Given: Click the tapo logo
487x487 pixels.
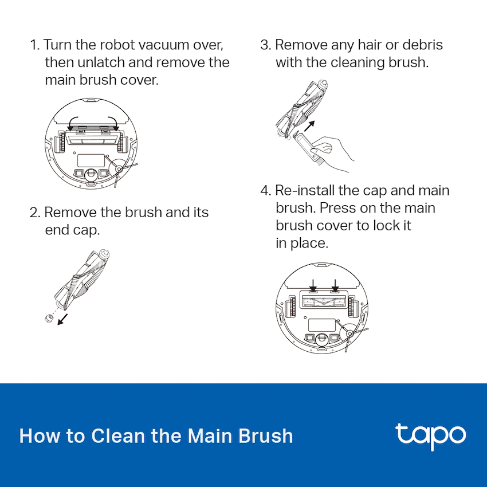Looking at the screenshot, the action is click(x=430, y=437).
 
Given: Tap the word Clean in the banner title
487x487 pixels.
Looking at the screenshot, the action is click(x=117, y=436).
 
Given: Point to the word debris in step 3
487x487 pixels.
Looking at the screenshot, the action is click(x=422, y=45).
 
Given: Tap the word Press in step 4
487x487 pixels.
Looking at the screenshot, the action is click(x=338, y=208).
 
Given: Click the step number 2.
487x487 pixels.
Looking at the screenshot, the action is click(x=35, y=213).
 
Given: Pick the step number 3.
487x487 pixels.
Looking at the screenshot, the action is click(x=265, y=45).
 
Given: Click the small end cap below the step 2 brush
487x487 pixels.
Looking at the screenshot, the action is click(x=49, y=319).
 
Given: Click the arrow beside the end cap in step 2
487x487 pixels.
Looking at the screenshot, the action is click(x=62, y=320).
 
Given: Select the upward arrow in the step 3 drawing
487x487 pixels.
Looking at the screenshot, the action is click(x=309, y=126).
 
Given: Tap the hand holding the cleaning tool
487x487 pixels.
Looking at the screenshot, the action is click(x=332, y=153).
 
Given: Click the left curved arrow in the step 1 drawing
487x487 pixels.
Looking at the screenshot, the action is click(x=73, y=124).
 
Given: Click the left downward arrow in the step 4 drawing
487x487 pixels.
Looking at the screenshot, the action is click(x=313, y=285).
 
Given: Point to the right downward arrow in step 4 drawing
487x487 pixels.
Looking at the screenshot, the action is click(x=335, y=285).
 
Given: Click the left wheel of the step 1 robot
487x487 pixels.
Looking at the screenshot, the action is click(x=60, y=143).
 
